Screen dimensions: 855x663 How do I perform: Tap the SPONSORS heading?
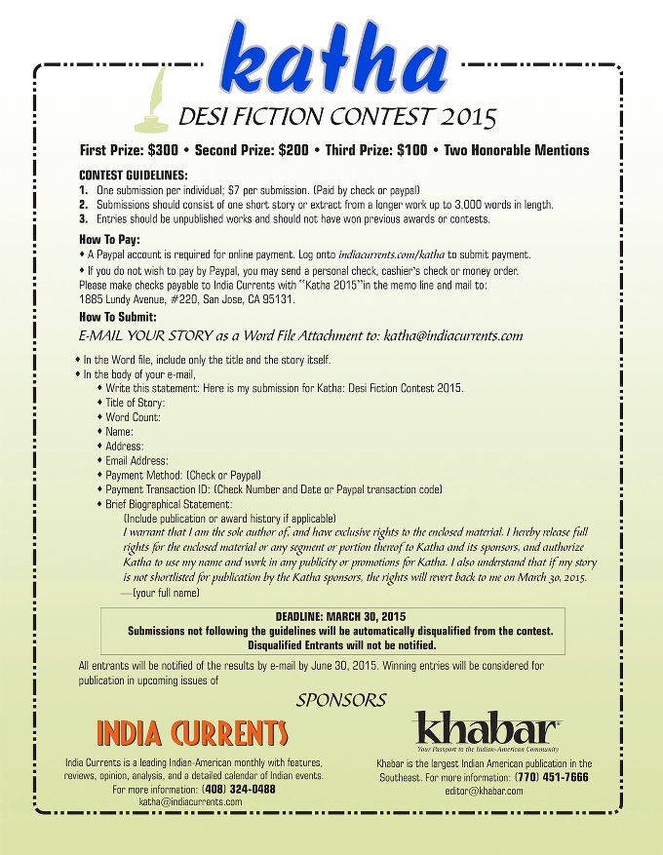tap(341, 700)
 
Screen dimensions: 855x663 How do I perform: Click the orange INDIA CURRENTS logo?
tap(192, 733)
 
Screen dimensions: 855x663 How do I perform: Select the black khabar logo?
tap(487, 728)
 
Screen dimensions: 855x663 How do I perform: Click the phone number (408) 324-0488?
tap(239, 789)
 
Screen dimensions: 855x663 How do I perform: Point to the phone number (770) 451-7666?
tap(551, 777)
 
